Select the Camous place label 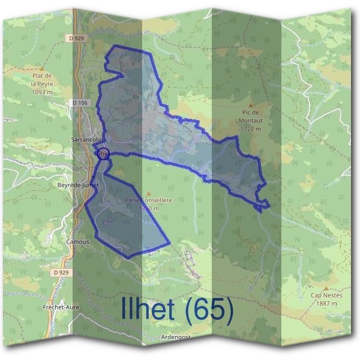79,242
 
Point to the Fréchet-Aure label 61,307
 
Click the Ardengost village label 176,337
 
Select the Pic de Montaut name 250,116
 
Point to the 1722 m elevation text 250,128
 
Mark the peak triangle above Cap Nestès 326,287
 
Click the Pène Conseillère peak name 149,200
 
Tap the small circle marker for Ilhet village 103,154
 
